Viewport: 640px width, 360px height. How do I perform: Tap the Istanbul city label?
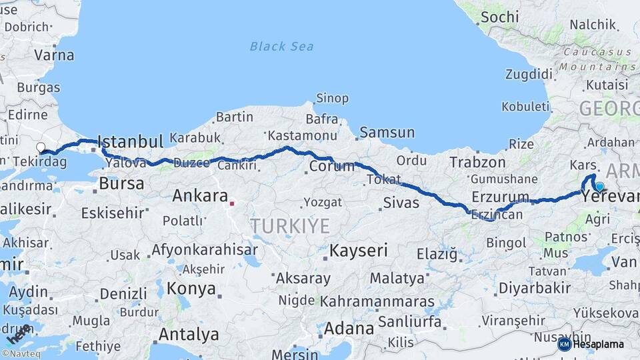pos(130,141)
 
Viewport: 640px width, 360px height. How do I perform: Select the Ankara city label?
pos(200,196)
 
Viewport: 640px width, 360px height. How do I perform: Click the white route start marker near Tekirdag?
pos(41,147)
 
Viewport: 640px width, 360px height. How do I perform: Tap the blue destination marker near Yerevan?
pos(599,187)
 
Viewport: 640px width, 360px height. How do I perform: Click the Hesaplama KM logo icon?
pos(565,344)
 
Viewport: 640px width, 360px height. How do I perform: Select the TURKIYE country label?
pos(290,226)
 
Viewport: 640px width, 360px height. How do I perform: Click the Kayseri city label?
pos(359,251)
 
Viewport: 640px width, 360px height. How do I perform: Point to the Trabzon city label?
pos(477,162)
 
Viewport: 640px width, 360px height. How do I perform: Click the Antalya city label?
pos(189,333)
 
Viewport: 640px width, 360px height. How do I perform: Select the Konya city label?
pos(191,289)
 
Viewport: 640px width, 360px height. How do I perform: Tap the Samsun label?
pos(387,133)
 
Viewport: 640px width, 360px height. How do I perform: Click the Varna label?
pos(54,55)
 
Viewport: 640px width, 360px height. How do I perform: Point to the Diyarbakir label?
pos(535,288)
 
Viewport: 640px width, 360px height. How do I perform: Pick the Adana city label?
pos(349,329)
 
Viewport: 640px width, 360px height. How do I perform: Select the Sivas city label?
pos(401,203)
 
